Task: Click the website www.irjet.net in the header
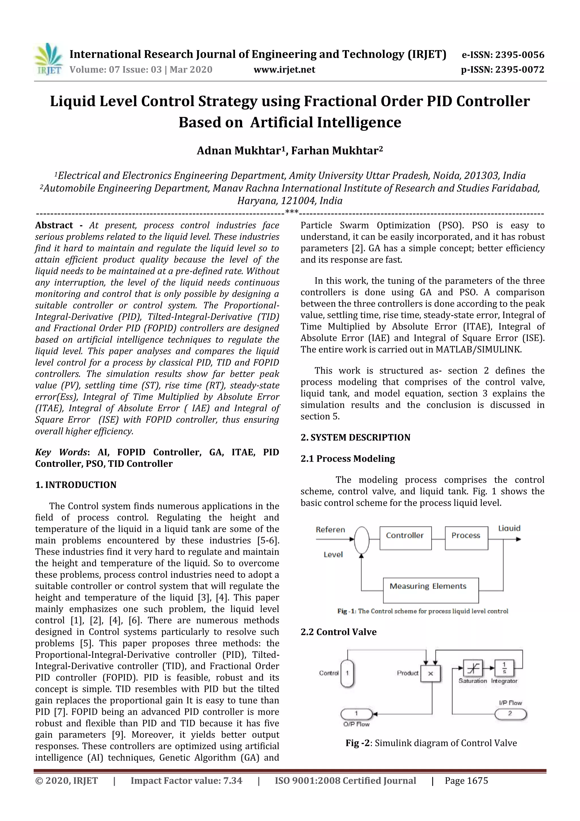(x=284, y=69)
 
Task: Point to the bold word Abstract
(x=54, y=225)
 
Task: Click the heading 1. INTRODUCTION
(x=76, y=485)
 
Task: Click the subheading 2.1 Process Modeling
(x=347, y=459)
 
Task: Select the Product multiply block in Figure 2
(x=430, y=673)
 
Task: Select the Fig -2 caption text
(x=431, y=743)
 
